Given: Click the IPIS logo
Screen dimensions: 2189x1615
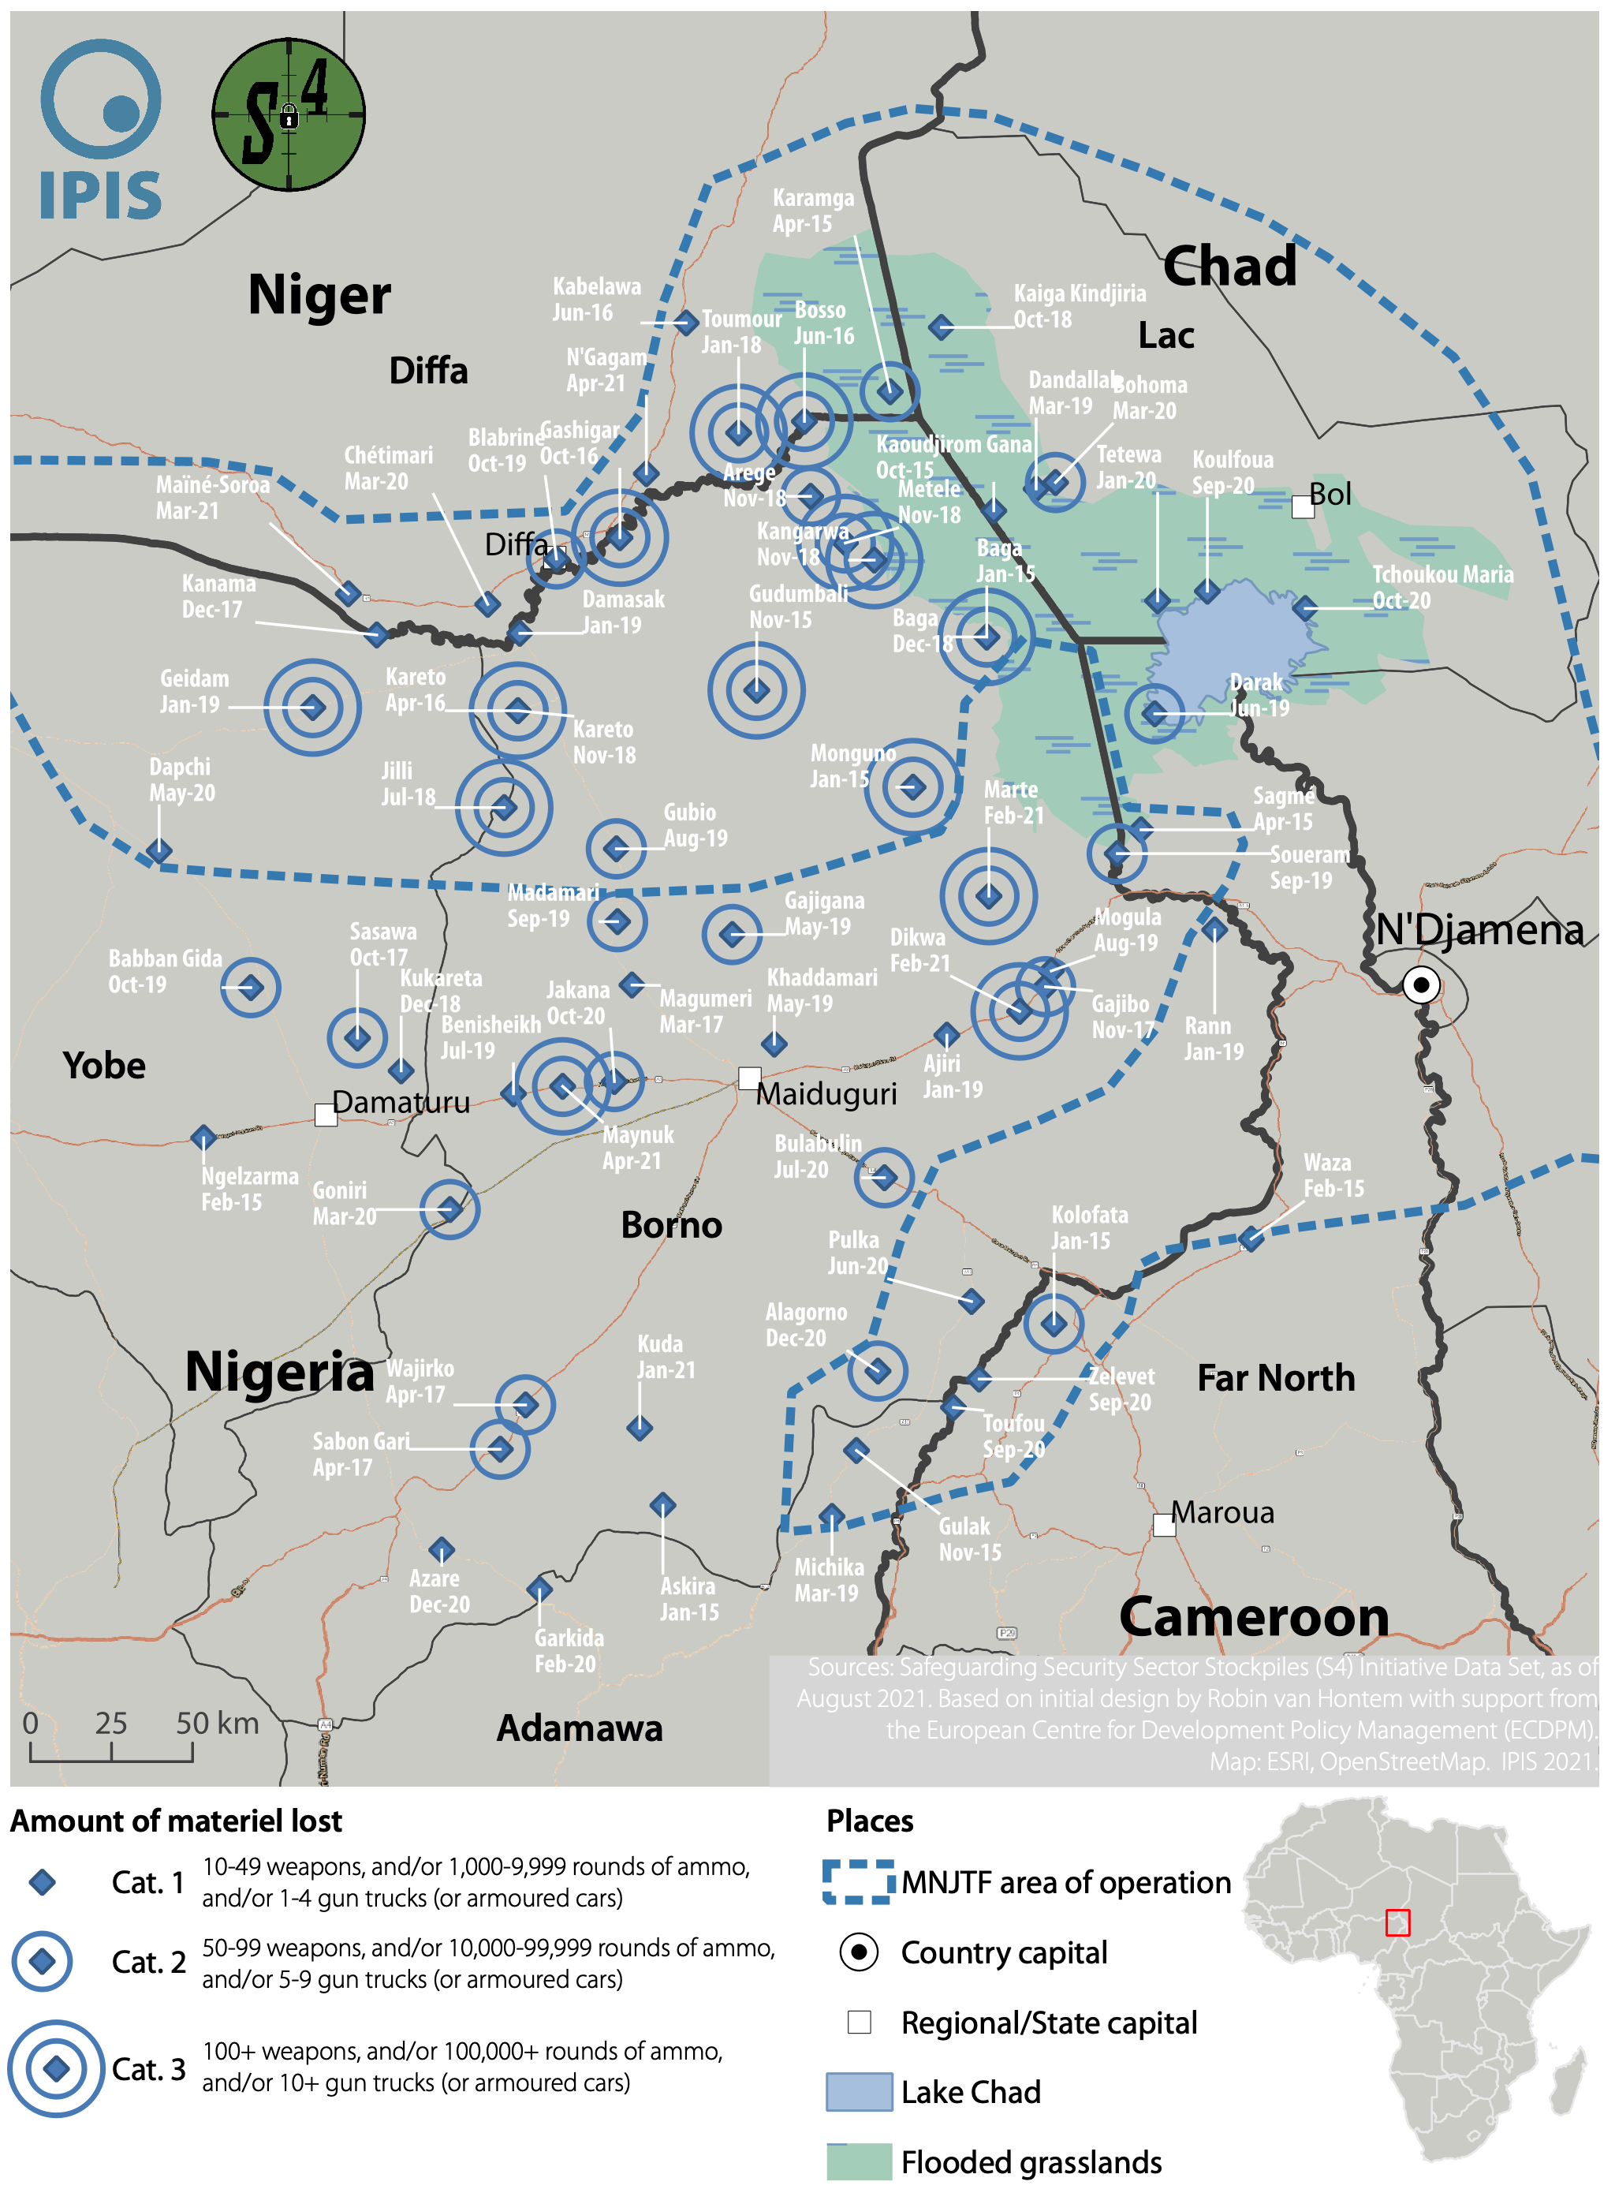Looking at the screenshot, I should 101,129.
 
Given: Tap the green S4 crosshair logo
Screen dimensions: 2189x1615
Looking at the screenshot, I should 289,114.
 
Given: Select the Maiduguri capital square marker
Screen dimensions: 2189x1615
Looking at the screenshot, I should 749,1078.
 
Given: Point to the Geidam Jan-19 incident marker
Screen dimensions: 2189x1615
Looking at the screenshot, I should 313,707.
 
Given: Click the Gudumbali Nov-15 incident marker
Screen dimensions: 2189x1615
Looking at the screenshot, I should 755,690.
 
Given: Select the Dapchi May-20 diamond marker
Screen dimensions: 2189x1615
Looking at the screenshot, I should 159,850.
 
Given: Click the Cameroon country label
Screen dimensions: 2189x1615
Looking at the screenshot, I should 1253,1616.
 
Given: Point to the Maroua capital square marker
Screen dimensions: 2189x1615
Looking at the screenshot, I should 1163,1524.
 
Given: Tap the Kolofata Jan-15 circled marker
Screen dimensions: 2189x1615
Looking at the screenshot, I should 1053,1324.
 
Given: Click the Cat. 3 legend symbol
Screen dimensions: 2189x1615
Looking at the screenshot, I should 57,2068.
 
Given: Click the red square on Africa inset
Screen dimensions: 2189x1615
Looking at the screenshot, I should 1398,1922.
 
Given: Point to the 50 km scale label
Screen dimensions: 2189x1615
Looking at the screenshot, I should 217,1723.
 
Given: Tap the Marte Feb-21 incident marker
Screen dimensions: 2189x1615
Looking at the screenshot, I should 988,895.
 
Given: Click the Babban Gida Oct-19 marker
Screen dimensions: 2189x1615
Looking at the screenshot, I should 250,988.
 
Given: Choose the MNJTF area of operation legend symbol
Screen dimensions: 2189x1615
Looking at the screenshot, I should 858,1881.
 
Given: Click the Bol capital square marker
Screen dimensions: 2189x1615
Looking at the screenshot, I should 1302,506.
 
